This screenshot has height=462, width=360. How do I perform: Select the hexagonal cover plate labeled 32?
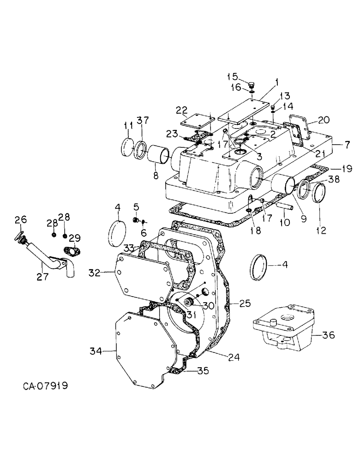pos(143,276)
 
